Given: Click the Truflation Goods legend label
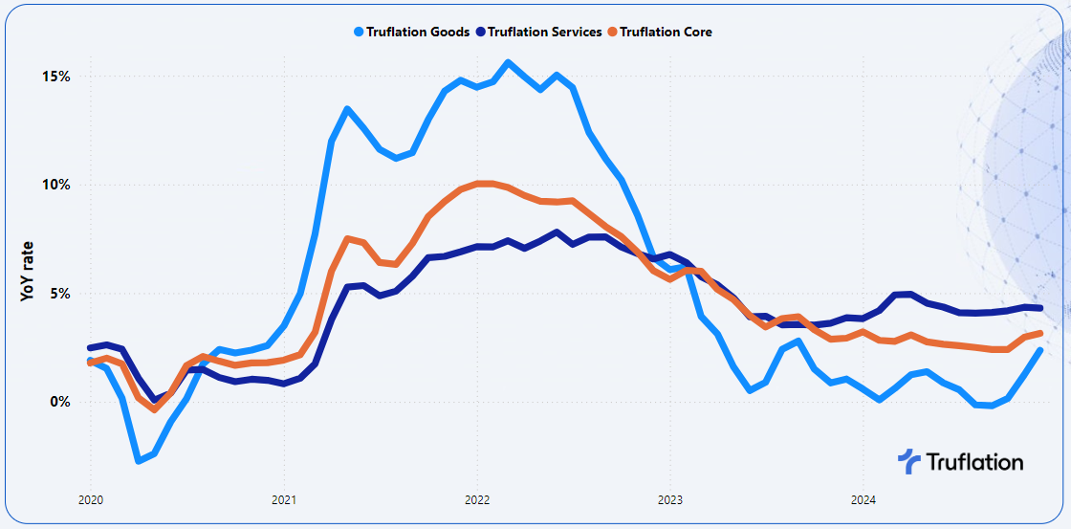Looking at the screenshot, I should [x=417, y=32].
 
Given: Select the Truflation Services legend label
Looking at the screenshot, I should [x=545, y=32].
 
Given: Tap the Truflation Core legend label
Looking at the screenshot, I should [x=666, y=32].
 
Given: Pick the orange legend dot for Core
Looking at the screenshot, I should [x=613, y=32].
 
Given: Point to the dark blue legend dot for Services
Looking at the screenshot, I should [x=481, y=32].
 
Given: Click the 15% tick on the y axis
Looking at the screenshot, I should [x=54, y=77].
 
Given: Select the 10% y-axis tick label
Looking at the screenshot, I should [x=54, y=185].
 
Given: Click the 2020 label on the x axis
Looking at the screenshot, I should [x=90, y=500].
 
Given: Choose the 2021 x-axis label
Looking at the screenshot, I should [x=283, y=500].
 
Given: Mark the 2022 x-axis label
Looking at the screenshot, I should [x=476, y=500].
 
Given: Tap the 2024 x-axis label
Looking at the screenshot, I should [x=862, y=500].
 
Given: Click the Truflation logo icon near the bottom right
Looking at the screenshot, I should [x=908, y=461].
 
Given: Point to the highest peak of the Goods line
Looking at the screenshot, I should [x=508, y=63].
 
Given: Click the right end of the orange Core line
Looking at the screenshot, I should [x=1038, y=334].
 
